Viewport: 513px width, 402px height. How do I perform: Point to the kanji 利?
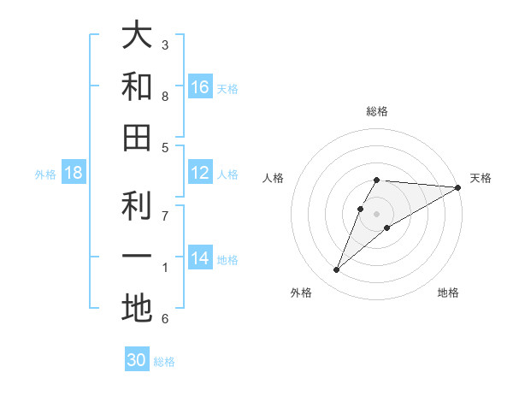[137, 206]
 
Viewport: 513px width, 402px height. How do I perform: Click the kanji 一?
[137, 257]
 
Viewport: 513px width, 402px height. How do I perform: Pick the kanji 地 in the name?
[137, 308]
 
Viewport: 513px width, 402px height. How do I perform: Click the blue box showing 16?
[200, 86]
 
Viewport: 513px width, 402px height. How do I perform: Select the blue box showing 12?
[200, 173]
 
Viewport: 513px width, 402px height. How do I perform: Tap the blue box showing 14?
[200, 258]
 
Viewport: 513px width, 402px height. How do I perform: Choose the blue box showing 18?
[74, 173]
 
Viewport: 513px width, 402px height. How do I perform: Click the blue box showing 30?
[137, 360]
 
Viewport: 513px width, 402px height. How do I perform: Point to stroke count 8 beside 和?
[165, 97]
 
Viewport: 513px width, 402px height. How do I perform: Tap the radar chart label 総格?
[377, 111]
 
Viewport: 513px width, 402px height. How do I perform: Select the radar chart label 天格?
[481, 178]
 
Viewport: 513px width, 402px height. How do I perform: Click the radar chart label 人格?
[274, 178]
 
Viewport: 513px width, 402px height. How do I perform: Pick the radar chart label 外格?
[301, 293]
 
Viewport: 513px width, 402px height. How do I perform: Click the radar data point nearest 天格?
[458, 187]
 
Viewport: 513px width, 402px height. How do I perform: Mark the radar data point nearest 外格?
[337, 270]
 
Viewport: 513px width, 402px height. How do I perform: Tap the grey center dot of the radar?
[377, 214]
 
